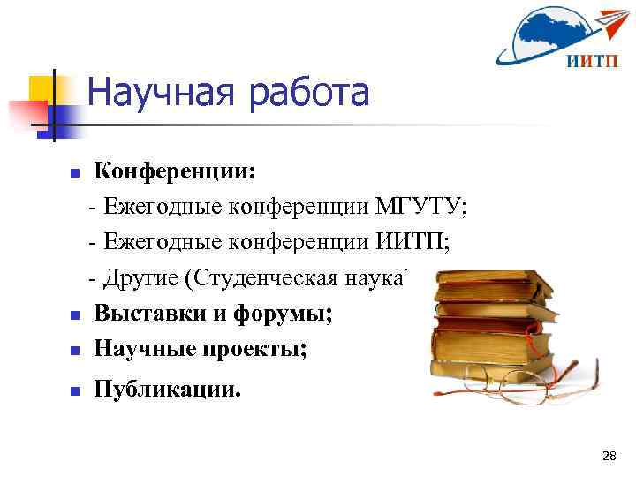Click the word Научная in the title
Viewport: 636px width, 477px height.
click(x=163, y=93)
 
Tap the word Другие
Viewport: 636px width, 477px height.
click(x=142, y=278)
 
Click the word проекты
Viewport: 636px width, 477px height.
click(x=261, y=350)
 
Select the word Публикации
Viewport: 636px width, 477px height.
click(x=166, y=390)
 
